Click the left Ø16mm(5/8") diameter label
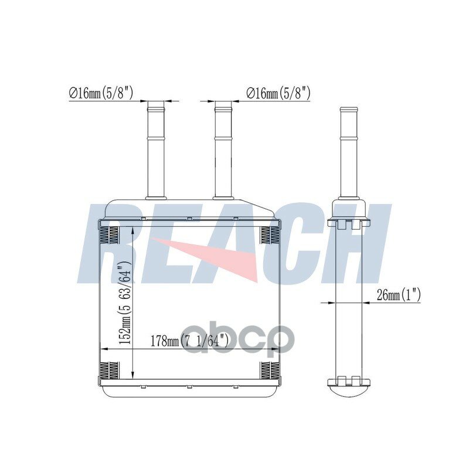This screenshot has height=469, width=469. click(101, 93)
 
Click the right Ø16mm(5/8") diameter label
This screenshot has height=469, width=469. click(278, 93)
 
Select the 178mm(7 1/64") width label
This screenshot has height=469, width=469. click(189, 341)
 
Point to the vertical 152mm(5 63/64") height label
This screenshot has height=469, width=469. click(125, 302)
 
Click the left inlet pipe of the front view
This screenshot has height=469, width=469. click(156, 150)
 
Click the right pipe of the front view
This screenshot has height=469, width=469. click(223, 150)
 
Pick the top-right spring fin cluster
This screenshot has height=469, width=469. click(270, 234)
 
